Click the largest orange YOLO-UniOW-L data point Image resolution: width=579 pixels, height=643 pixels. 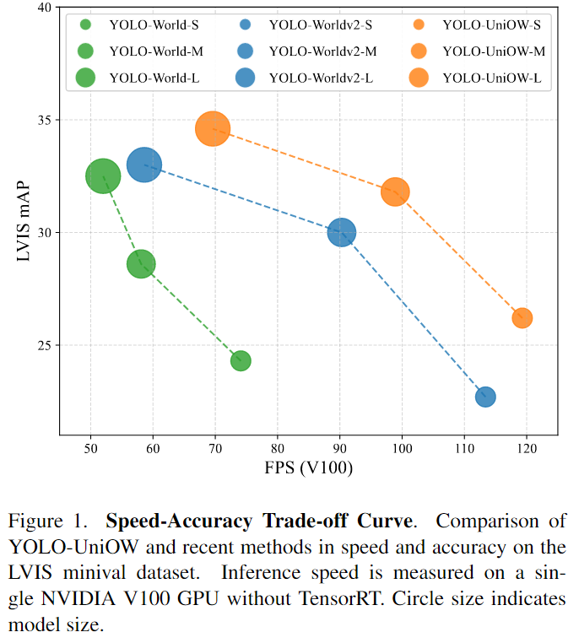[x=213, y=129]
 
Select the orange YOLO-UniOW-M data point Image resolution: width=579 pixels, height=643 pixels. [x=395, y=192]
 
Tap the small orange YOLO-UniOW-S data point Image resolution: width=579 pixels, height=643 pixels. [x=522, y=318]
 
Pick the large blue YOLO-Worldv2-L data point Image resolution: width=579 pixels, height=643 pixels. [x=144, y=165]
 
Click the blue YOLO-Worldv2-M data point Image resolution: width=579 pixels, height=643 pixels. [x=341, y=232]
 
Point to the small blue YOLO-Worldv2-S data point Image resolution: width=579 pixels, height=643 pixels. [x=485, y=397]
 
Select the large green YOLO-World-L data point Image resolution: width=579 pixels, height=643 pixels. [x=103, y=176]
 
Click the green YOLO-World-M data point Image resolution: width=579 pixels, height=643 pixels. [x=141, y=264]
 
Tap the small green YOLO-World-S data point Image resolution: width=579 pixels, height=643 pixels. [x=241, y=360]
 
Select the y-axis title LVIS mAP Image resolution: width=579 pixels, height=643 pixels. [x=18, y=219]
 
